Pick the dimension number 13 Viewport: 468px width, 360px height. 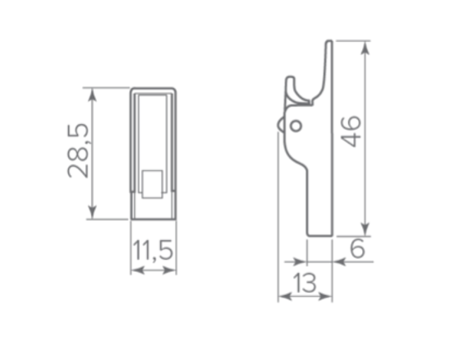pyautogui.click(x=304, y=284)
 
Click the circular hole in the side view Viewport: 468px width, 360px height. pyautogui.click(x=296, y=125)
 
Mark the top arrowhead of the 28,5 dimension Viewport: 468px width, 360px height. pyautogui.click(x=92, y=92)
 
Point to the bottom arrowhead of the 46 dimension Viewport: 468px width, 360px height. pyautogui.click(x=365, y=231)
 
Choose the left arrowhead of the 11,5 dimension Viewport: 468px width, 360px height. pyautogui.click(x=135, y=269)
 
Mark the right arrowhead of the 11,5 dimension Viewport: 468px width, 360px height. pyautogui.click(x=172, y=269)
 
